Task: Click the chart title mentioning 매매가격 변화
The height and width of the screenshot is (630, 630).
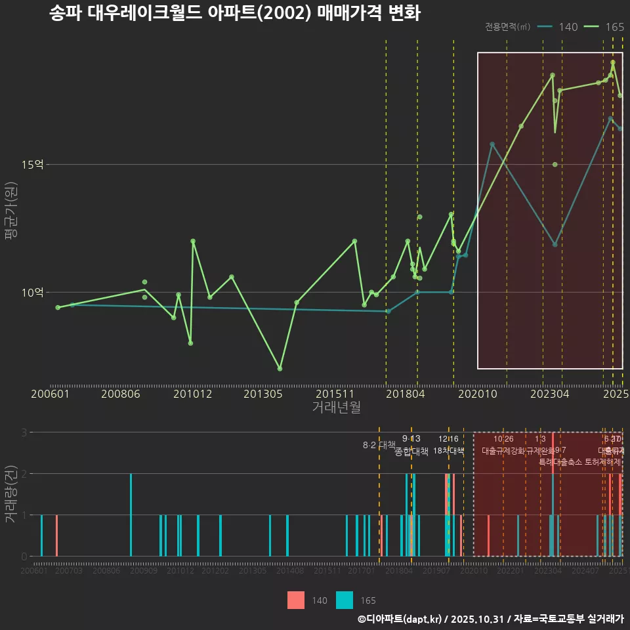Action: pos(234,13)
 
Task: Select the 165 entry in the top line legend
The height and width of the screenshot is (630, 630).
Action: pos(614,27)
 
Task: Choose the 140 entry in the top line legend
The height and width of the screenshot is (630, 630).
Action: pos(568,27)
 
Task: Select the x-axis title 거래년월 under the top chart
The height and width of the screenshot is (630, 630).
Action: pos(336,408)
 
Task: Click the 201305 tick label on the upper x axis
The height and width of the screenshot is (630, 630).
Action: pos(262,394)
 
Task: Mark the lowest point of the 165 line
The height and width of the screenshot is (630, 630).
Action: pos(280,369)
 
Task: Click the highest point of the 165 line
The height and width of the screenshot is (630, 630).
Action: pos(613,62)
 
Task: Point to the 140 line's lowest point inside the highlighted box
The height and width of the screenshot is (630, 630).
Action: pos(555,245)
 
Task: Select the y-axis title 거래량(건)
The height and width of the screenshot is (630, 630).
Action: pos(11,493)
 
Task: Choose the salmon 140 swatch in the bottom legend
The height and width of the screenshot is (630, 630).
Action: pos(296,600)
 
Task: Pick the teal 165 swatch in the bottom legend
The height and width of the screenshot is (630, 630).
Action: pos(345,600)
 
